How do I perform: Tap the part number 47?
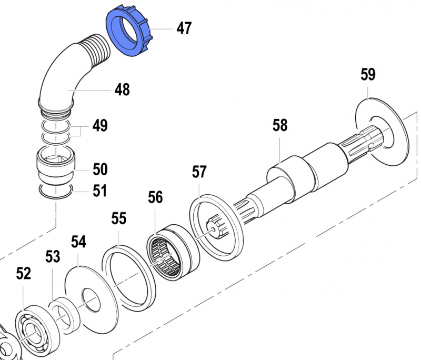click(184, 28)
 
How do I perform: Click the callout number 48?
click(122, 90)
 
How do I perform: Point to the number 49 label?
click(100, 126)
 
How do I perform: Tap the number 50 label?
click(100, 169)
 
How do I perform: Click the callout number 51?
click(100, 191)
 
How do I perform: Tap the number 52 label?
click(24, 274)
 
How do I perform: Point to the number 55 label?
click(119, 218)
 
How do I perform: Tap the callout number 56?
click(155, 197)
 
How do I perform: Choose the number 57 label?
click(199, 172)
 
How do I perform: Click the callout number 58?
click(280, 125)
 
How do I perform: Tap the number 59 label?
click(368, 75)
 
